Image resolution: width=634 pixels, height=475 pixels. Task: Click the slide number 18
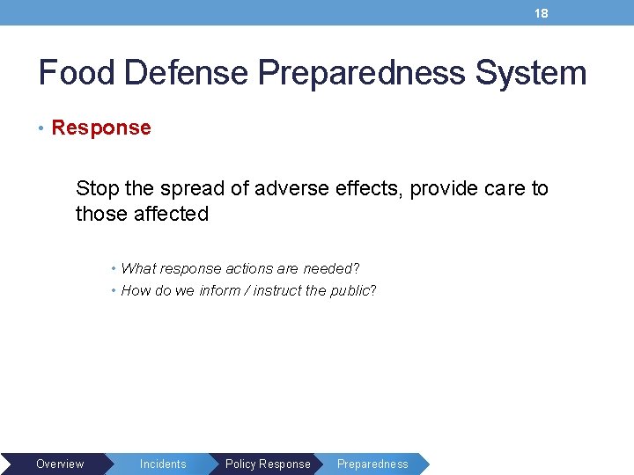pos(542,13)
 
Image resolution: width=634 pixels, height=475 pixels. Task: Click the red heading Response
pos(101,128)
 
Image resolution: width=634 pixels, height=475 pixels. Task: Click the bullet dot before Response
pos(42,128)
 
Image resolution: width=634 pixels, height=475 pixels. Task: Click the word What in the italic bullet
pos(138,268)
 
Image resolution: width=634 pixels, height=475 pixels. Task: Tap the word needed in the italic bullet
pos(328,268)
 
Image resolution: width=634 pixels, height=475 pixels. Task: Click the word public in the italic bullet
pos(350,290)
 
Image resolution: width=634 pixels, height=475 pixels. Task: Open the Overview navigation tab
pos(60,464)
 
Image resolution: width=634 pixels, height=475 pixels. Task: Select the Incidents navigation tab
pos(163,464)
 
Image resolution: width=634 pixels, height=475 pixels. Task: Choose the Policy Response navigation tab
pos(268,464)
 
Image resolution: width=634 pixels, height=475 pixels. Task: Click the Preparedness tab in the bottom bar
pos(372,464)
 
